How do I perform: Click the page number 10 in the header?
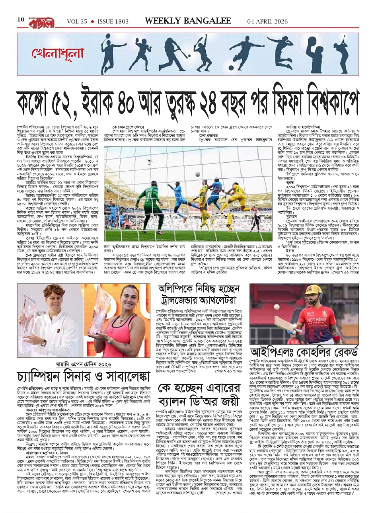coord(21,20)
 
